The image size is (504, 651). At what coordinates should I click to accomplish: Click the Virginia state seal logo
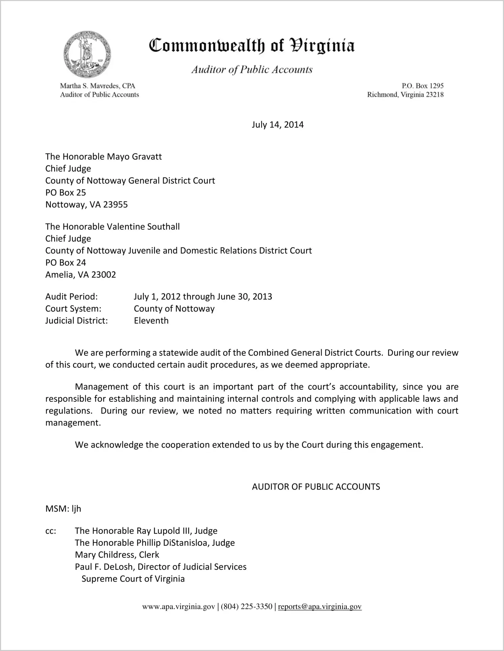(87, 55)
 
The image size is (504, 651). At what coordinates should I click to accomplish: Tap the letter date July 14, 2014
(277, 125)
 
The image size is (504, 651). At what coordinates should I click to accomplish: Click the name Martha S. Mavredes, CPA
(97, 86)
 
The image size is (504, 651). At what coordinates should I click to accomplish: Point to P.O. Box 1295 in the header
(422, 86)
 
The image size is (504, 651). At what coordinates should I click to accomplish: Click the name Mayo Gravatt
(134, 157)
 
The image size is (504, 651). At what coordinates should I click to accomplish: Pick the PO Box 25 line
(65, 193)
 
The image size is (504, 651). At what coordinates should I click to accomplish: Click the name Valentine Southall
(143, 227)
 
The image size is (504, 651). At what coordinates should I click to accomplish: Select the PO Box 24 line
(65, 263)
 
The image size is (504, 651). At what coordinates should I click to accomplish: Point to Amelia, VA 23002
(81, 275)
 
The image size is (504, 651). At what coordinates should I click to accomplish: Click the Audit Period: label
(72, 297)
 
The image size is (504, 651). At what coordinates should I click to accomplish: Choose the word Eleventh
(151, 321)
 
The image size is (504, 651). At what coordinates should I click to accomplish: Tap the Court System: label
(73, 309)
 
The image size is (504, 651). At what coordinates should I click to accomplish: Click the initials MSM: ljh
(63, 509)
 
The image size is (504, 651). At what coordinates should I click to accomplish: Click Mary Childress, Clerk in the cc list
(117, 555)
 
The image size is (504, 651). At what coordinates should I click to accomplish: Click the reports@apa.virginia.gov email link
(319, 607)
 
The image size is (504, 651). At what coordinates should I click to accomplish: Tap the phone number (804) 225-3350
(246, 607)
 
